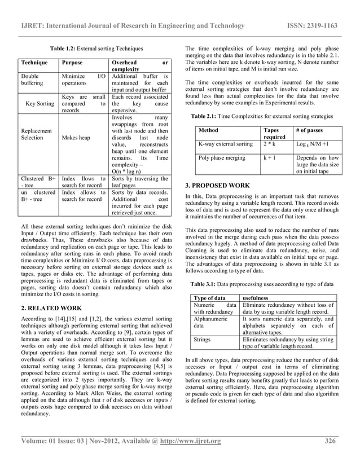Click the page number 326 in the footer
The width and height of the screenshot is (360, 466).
pyautogui.click(x=332, y=441)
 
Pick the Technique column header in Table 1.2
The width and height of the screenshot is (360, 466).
pyautogui.click(x=34, y=63)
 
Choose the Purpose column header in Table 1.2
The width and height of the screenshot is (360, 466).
pyautogui.click(x=74, y=63)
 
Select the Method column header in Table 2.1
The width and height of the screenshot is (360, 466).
pyautogui.click(x=209, y=130)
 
